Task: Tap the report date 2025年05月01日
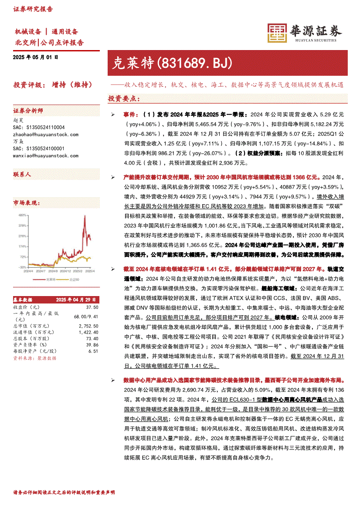[35, 57]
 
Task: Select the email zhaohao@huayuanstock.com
[46, 135]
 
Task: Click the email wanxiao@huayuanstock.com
[46, 155]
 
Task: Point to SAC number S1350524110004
[39, 128]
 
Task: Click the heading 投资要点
[124, 99]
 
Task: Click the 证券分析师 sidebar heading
[28, 111]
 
